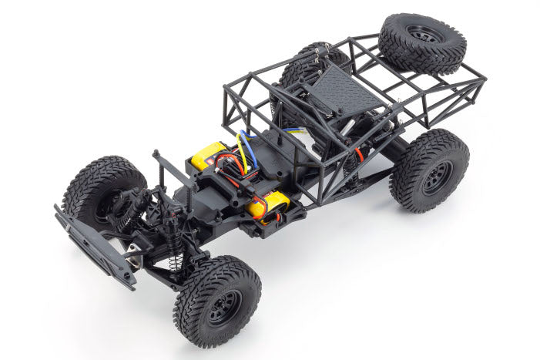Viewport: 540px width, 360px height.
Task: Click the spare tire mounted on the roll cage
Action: [423, 44]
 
